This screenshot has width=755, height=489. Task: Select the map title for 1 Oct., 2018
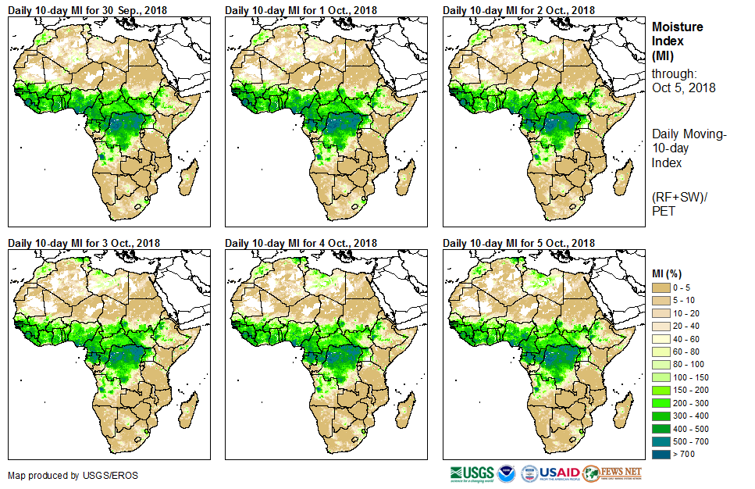tap(300, 10)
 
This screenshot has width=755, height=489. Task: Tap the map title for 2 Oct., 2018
tap(518, 10)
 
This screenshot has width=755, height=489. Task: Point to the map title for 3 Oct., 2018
tap(84, 243)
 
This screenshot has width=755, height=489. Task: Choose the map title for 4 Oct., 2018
tap(301, 243)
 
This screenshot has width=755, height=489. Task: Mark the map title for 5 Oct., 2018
tap(518, 243)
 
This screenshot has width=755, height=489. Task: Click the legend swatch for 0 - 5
tap(661, 288)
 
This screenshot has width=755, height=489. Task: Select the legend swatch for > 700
tap(661, 454)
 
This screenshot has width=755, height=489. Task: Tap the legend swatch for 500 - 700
tap(661, 441)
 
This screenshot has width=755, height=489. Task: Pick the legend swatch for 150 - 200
tap(661, 390)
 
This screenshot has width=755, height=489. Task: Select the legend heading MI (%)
tap(668, 273)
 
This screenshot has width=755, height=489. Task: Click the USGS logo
tap(472, 473)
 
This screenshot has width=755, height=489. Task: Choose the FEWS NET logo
tap(613, 473)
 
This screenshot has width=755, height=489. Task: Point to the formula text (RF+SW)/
tap(678, 196)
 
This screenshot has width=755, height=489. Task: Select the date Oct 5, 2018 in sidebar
tap(684, 87)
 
